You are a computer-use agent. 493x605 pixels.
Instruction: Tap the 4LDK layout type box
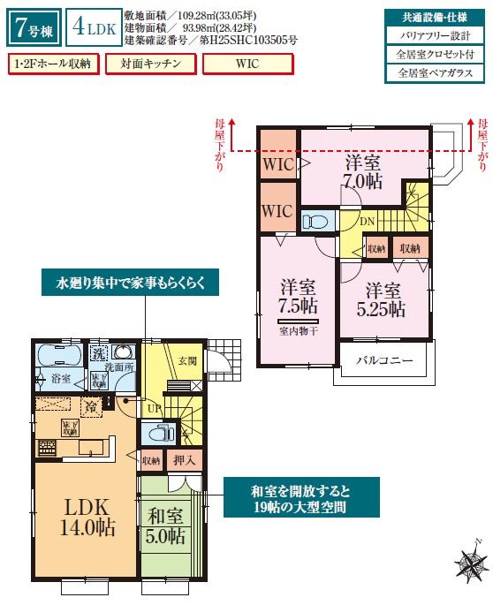click(x=91, y=27)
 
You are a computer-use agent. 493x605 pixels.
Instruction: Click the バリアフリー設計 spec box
click(x=436, y=35)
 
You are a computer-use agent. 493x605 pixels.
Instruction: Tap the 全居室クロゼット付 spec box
click(x=436, y=55)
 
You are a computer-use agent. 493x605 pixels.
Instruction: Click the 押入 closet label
click(x=186, y=460)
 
